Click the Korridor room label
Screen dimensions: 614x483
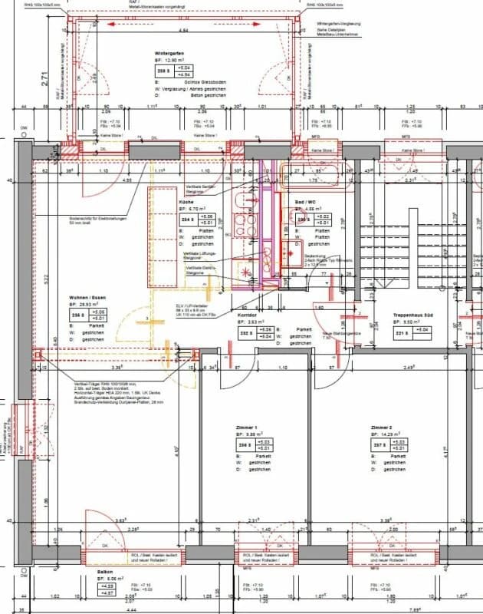(x=246, y=315)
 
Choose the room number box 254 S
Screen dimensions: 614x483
(x=186, y=220)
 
